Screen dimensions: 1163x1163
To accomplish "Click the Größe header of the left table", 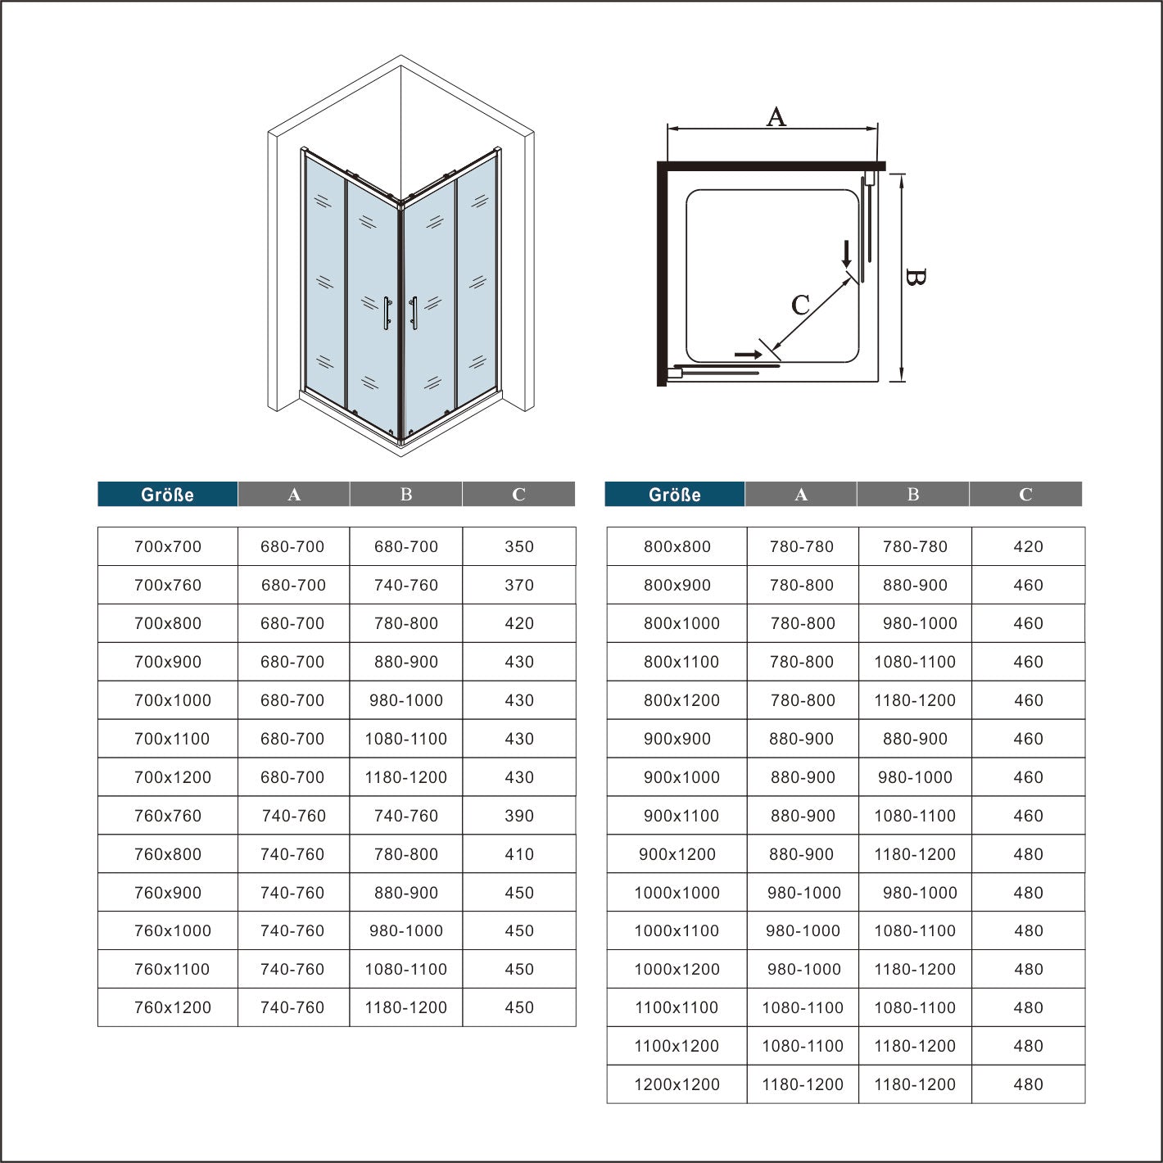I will pyautogui.click(x=167, y=495).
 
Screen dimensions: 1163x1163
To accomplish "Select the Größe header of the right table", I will pyautogui.click(x=674, y=495).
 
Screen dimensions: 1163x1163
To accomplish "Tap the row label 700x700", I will pyautogui.click(x=168, y=546).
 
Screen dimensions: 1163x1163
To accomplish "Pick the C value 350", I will pyautogui.click(x=519, y=546).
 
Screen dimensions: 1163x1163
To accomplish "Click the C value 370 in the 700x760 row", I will pyautogui.click(x=519, y=585).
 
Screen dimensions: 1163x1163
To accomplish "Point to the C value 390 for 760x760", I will pyautogui.click(x=519, y=816).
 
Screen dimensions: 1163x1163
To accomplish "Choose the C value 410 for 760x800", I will pyautogui.click(x=519, y=854).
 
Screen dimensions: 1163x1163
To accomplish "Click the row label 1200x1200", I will pyautogui.click(x=677, y=1084).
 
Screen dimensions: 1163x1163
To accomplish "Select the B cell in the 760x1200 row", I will pyautogui.click(x=406, y=1007).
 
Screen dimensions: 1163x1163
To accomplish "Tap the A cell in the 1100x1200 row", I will pyautogui.click(x=803, y=1046).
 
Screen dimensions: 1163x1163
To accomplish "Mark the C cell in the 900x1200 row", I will pyautogui.click(x=1028, y=854).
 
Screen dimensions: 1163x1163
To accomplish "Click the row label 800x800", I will pyautogui.click(x=677, y=546).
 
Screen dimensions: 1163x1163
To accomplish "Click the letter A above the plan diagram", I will pyautogui.click(x=776, y=117).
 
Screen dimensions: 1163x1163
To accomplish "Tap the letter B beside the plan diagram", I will pyautogui.click(x=916, y=278).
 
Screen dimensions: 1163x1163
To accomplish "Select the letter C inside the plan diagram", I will pyautogui.click(x=800, y=305).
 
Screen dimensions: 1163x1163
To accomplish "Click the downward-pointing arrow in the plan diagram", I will pyautogui.click(x=846, y=253).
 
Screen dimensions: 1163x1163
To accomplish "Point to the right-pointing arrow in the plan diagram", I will pyautogui.click(x=748, y=355).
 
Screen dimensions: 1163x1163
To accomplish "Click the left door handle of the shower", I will pyautogui.click(x=386, y=313).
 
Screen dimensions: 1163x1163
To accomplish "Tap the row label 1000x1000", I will pyautogui.click(x=677, y=893).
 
